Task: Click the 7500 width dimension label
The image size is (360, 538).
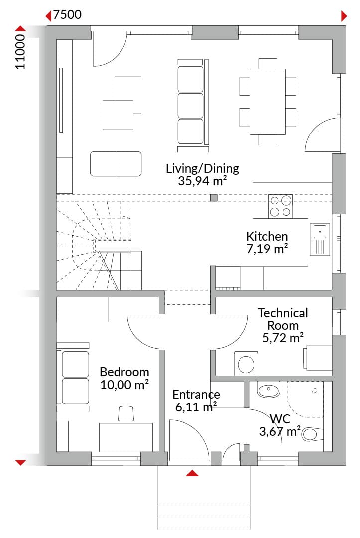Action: [67, 15]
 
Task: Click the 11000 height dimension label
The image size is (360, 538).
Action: [20, 52]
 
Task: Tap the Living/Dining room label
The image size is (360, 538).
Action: [202, 168]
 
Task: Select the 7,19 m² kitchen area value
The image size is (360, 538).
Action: [267, 249]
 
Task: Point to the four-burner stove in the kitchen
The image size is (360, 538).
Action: [280, 206]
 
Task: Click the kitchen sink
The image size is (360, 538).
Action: [320, 239]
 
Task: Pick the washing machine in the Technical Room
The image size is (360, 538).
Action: [246, 363]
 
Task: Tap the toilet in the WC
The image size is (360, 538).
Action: [312, 434]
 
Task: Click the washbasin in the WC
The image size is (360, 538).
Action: [269, 390]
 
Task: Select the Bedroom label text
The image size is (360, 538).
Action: [124, 372]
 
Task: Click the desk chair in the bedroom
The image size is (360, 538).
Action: [126, 413]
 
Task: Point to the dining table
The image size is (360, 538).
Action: [268, 102]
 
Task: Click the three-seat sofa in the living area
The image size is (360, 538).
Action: [193, 105]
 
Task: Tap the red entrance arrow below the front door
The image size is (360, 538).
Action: [192, 473]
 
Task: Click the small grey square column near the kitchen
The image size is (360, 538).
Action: [214, 197]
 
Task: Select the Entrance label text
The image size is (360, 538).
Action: [196, 394]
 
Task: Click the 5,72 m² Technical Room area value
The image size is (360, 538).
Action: [283, 338]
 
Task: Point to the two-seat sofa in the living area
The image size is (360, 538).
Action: [116, 164]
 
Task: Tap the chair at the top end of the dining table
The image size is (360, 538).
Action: [268, 63]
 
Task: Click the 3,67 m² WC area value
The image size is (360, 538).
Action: [280, 431]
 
